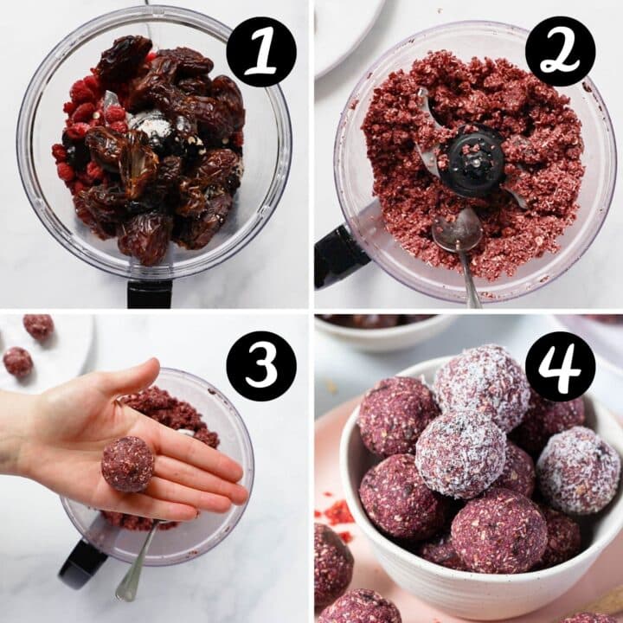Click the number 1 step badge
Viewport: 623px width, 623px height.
pos(261,52)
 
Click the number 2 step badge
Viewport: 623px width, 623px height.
pos(560,52)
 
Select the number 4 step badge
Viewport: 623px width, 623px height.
pos(560,365)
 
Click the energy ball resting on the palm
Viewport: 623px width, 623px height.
pos(128,464)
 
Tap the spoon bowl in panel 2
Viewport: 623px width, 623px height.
pos(459,232)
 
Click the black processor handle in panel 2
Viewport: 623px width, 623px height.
pos(339,256)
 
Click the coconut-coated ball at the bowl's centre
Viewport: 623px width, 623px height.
pos(460,453)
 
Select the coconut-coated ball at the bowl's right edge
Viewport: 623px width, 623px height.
pos(577,470)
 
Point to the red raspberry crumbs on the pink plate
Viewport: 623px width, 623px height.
pos(337,516)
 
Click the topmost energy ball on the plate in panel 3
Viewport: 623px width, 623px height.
pos(38,326)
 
